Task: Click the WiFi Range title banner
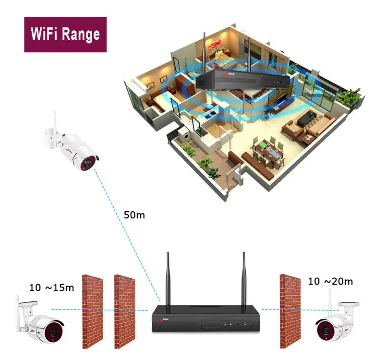pyautogui.click(x=65, y=35)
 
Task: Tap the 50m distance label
pyautogui.click(x=133, y=215)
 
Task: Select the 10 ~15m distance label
pyautogui.click(x=52, y=288)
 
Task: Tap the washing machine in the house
pyautogui.click(x=184, y=137)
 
